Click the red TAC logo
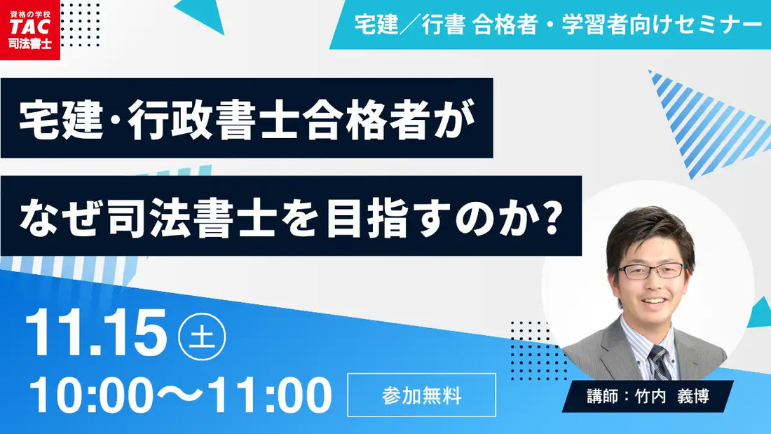click(30, 30)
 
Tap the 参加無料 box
click(421, 395)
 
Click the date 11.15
click(97, 334)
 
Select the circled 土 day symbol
click(202, 337)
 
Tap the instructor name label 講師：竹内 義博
click(648, 397)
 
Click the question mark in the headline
click(552, 216)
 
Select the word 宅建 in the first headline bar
click(49, 118)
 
